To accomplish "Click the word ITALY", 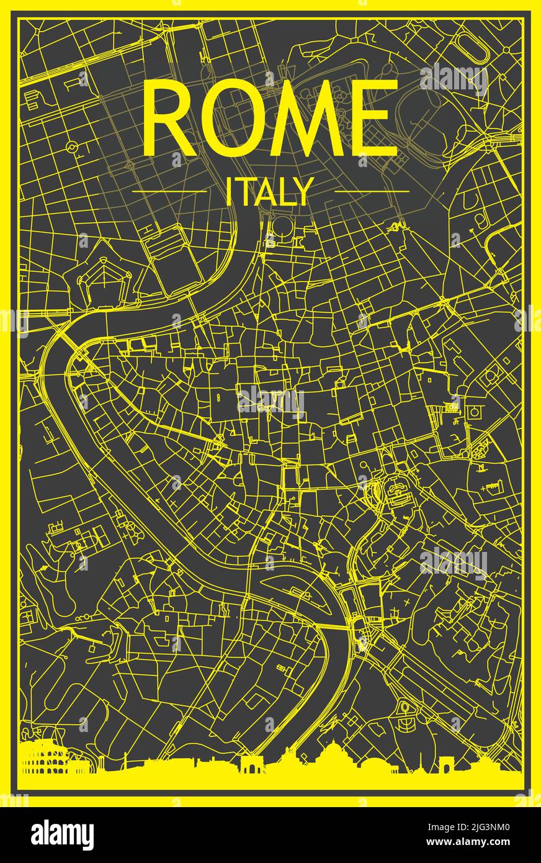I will pos(267,192).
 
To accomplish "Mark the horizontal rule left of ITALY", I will pos(169,191).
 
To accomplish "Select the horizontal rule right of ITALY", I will pos(372,191).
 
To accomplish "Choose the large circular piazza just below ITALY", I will pos(282,227).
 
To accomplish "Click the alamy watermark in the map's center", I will pos(271,402).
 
